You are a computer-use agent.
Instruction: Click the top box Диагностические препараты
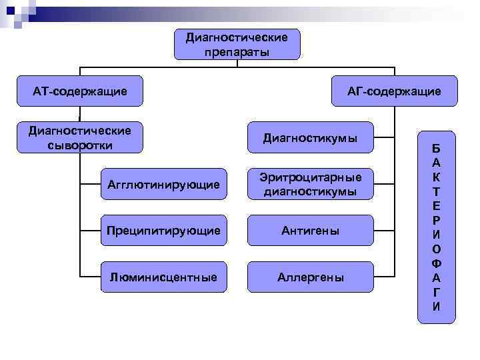(237, 44)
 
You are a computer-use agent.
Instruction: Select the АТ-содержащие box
(80, 91)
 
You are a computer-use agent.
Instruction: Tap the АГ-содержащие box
(395, 91)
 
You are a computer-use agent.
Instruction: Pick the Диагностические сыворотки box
(80, 137)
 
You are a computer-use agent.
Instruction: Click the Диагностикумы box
(310, 138)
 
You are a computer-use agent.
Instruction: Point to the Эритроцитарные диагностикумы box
(310, 184)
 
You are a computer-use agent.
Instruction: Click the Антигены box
(310, 231)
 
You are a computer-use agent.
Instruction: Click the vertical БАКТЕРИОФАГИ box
(436, 227)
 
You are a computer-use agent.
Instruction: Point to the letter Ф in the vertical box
(436, 263)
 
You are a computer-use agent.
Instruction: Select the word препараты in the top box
(237, 51)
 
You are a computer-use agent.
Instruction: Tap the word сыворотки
(80, 145)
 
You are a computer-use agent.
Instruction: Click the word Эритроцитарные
(310, 177)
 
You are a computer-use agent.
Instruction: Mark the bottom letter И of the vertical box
(436, 307)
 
